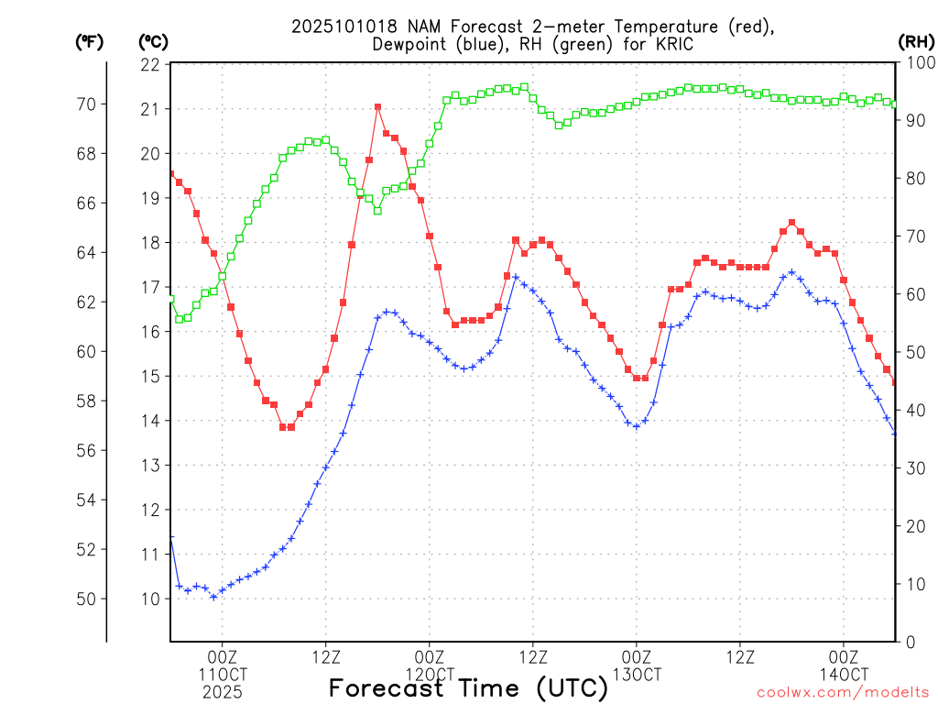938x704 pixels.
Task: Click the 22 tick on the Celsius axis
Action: tap(150, 65)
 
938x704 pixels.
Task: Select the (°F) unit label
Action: tap(89, 41)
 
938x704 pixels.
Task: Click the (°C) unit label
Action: tap(153, 41)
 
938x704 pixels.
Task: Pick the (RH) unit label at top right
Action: tap(917, 41)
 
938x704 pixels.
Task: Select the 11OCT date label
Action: tap(223, 675)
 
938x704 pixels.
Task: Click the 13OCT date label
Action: tap(637, 675)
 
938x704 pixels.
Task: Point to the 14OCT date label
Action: tap(844, 675)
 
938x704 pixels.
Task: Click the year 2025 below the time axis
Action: tap(223, 692)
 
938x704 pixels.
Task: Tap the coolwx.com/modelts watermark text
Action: tap(842, 690)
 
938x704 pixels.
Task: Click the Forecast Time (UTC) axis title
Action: tap(468, 687)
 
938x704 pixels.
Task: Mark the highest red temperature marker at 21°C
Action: tap(377, 107)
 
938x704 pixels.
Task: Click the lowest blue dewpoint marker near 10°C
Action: tap(213, 597)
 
